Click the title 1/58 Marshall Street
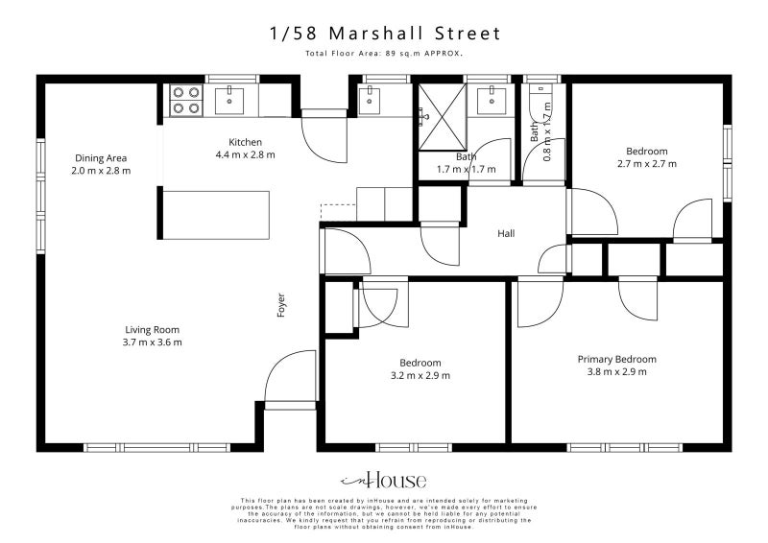384,34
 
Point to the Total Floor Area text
384,54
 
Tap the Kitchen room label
245,142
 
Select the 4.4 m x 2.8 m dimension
245,154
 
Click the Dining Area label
101,158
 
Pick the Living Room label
152,329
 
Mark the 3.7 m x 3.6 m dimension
152,342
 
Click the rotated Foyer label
281,305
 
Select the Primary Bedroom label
616,359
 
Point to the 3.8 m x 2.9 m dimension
616,371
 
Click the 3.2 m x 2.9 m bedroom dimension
420,375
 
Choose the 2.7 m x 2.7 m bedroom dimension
646,164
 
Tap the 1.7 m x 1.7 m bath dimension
467,169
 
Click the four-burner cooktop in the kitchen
186,101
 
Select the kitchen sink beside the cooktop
232,99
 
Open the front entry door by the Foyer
288,382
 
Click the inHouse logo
384,481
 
